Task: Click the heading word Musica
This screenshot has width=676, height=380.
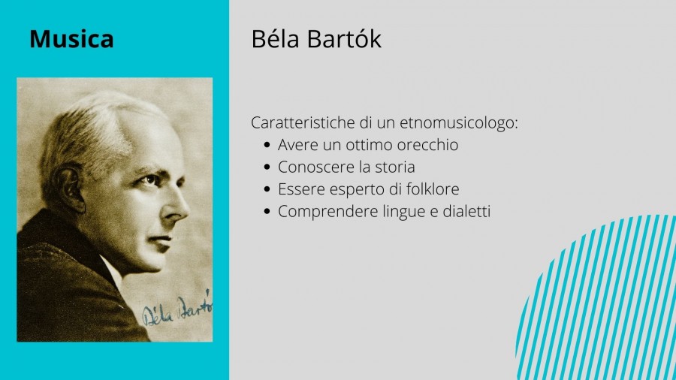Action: point(71,39)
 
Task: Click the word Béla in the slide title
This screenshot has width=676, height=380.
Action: point(275,39)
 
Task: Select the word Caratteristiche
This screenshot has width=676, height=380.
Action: point(303,122)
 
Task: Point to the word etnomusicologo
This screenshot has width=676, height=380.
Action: point(459,123)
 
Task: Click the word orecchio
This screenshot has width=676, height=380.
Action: point(427,145)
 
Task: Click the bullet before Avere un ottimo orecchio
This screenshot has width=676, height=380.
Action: point(267,145)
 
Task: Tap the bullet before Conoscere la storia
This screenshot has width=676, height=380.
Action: point(267,167)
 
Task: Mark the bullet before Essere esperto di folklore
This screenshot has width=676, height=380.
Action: point(267,189)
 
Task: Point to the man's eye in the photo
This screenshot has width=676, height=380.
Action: point(150,179)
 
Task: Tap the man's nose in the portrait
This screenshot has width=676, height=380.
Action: point(176,207)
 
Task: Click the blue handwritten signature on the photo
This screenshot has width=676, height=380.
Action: point(177,308)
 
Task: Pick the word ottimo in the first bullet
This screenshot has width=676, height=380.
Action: point(369,145)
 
